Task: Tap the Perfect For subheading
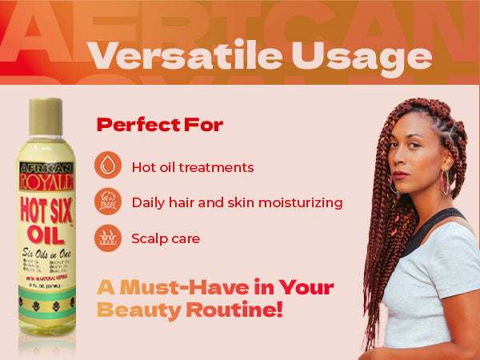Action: [159, 125]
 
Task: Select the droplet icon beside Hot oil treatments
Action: [108, 166]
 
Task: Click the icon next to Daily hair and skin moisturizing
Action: [108, 202]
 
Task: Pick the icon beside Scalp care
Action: [108, 238]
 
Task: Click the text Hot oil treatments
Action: [193, 167]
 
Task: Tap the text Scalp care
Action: [166, 238]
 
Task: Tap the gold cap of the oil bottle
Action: [46, 117]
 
